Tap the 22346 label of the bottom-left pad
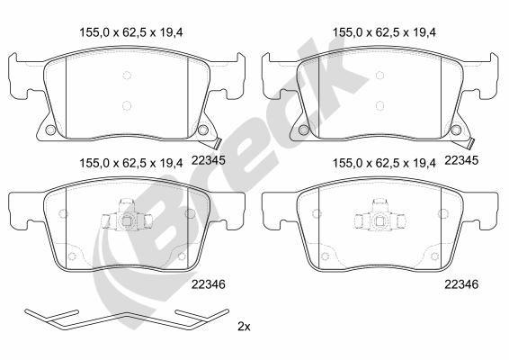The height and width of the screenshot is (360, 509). point(209,283)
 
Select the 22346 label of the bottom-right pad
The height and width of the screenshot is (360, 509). point(461,283)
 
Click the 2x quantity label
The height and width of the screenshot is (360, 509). point(243,325)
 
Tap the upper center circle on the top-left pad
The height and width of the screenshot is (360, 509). point(126,76)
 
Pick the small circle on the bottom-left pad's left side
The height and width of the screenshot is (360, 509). point(61,214)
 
